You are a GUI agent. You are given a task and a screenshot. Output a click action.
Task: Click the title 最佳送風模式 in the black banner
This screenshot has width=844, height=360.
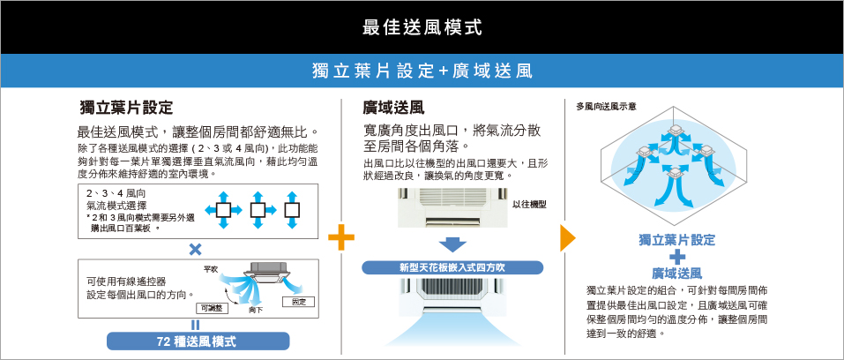click(422, 26)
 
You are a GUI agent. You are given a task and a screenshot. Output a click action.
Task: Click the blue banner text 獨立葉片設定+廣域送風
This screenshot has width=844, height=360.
click(422, 71)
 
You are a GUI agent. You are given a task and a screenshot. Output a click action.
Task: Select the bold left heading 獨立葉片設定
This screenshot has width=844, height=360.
click(126, 108)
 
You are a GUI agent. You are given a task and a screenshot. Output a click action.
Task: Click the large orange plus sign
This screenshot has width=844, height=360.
click(341, 237)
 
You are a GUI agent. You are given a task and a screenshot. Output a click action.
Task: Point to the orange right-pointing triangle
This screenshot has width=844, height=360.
click(567, 237)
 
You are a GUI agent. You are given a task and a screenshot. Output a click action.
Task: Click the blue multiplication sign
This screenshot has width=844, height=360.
click(195, 249)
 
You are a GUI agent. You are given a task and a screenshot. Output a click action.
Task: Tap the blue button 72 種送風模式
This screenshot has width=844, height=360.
click(198, 341)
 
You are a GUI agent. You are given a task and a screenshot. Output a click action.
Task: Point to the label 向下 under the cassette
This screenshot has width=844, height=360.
click(256, 311)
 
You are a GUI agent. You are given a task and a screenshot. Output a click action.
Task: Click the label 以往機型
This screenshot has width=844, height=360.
click(529, 204)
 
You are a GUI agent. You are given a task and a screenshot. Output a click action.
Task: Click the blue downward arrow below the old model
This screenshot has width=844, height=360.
click(452, 244)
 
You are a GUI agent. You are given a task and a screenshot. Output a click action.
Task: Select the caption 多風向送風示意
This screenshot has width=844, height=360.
click(606, 106)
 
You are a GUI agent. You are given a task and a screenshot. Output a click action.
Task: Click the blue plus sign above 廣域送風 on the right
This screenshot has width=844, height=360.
click(676, 257)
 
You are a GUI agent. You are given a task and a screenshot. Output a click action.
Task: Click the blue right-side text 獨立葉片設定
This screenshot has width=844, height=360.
click(676, 240)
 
